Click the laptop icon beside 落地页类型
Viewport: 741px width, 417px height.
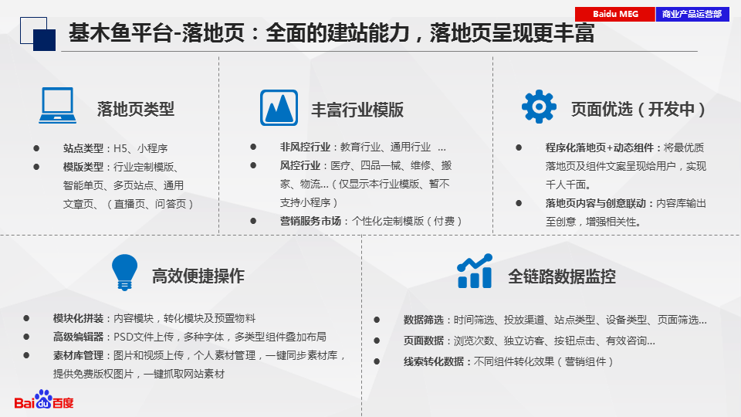click(x=58, y=106)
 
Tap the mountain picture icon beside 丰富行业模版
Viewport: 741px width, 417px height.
click(x=279, y=108)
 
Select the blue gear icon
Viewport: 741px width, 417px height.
click(x=539, y=107)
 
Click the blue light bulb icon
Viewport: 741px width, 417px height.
click(x=124, y=273)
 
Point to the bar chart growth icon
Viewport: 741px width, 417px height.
click(x=475, y=271)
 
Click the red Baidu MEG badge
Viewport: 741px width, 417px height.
click(x=615, y=14)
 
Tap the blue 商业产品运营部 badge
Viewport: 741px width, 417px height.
click(x=692, y=14)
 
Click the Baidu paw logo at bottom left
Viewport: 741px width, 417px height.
click(x=44, y=399)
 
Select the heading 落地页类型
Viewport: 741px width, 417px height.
click(x=136, y=109)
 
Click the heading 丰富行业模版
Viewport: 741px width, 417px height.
click(x=357, y=110)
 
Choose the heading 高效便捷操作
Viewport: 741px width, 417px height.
click(x=198, y=276)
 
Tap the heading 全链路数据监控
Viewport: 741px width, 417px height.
click(x=562, y=276)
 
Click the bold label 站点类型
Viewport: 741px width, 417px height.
click(x=83, y=148)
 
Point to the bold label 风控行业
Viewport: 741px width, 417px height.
click(x=300, y=165)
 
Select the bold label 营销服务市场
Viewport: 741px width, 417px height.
click(x=310, y=221)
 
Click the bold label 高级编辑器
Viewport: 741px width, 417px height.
click(x=78, y=337)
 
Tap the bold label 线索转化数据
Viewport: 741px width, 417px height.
click(x=434, y=361)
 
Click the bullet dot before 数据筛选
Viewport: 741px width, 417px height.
click(x=377, y=320)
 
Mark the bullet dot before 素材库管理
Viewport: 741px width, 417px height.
click(x=26, y=355)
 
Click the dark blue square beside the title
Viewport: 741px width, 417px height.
click(x=45, y=39)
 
